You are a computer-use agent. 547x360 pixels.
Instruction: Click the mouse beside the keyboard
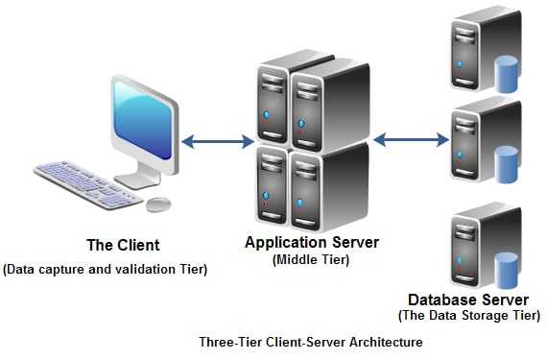158,204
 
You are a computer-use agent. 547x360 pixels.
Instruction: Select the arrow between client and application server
217,142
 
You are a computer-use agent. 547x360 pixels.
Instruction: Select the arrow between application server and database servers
411,140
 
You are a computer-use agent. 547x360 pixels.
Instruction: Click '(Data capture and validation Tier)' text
106,270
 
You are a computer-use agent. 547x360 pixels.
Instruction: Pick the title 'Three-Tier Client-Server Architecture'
310,342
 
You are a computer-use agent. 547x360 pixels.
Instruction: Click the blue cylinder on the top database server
506,73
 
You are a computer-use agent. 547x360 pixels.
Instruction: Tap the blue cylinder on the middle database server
506,163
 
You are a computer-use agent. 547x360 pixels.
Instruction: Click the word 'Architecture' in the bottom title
387,342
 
